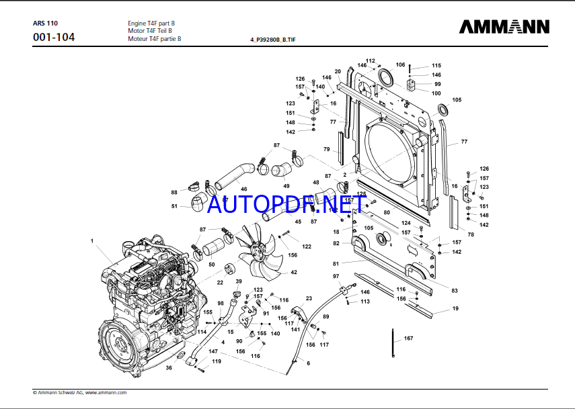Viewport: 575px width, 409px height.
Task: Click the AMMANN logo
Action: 504,26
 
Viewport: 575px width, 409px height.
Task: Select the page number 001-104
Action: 54,38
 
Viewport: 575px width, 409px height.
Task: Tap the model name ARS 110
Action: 45,23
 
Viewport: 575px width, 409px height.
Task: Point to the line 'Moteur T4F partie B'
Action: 154,39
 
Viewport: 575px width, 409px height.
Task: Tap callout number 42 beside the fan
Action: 293,273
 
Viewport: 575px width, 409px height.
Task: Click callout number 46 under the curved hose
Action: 243,189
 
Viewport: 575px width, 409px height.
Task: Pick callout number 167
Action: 408,338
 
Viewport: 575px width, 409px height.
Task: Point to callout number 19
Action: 455,308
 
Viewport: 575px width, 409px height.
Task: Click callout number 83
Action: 455,290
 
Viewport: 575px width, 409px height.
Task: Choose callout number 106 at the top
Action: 400,65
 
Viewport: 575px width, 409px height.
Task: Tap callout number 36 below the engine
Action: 169,367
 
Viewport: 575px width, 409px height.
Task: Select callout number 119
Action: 216,361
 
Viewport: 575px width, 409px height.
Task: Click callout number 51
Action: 174,206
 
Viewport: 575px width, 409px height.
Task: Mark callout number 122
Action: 307,246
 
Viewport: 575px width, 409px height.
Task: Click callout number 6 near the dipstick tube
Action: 308,363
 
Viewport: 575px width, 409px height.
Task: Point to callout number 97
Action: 336,277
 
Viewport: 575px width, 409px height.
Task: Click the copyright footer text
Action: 79,392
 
